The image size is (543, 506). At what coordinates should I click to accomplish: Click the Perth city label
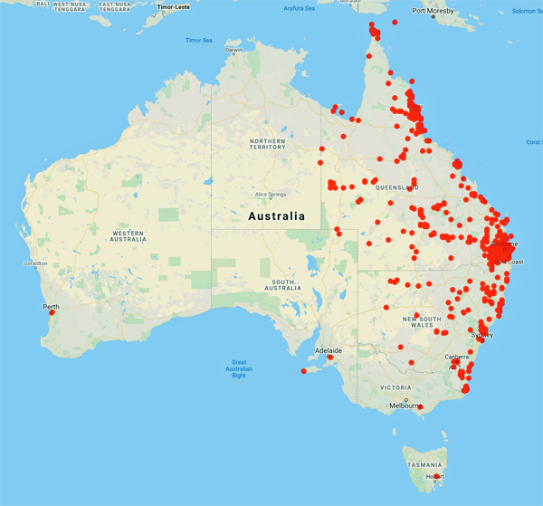[x=52, y=307]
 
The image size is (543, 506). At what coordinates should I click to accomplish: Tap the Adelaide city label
[x=328, y=349]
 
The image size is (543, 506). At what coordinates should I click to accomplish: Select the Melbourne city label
[x=406, y=406]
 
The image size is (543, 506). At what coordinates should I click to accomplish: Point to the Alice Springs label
[x=271, y=194]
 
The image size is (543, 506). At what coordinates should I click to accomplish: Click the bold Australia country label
[x=276, y=217]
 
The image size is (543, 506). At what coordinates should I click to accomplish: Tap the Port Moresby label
[x=432, y=12]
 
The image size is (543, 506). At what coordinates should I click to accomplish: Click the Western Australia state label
[x=128, y=234]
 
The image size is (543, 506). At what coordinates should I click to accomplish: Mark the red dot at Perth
[x=52, y=313]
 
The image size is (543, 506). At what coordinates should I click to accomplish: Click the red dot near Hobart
[x=437, y=476]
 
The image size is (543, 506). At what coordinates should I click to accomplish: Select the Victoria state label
[x=395, y=387]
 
